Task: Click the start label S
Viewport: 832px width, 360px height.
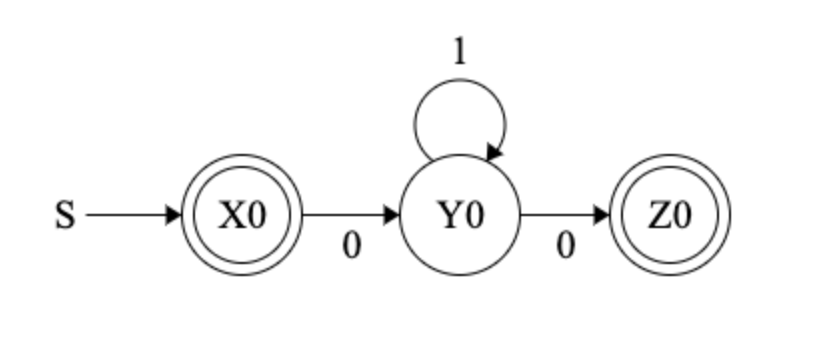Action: click(64, 215)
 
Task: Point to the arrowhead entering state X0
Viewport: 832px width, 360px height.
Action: click(175, 215)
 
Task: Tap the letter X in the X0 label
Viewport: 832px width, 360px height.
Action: click(231, 215)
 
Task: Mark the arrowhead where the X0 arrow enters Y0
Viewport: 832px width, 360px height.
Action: click(393, 215)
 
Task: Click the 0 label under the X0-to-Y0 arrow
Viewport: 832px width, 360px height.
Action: click(351, 246)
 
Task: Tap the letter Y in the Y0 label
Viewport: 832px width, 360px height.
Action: click(450, 215)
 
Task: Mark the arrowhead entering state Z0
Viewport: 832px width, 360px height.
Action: click(603, 215)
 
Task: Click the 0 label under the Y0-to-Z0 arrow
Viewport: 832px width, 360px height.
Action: click(565, 246)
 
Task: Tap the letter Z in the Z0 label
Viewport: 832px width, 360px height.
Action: click(659, 215)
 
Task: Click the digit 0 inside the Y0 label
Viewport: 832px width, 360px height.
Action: click(473, 215)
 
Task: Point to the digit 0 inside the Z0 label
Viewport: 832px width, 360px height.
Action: click(682, 215)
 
